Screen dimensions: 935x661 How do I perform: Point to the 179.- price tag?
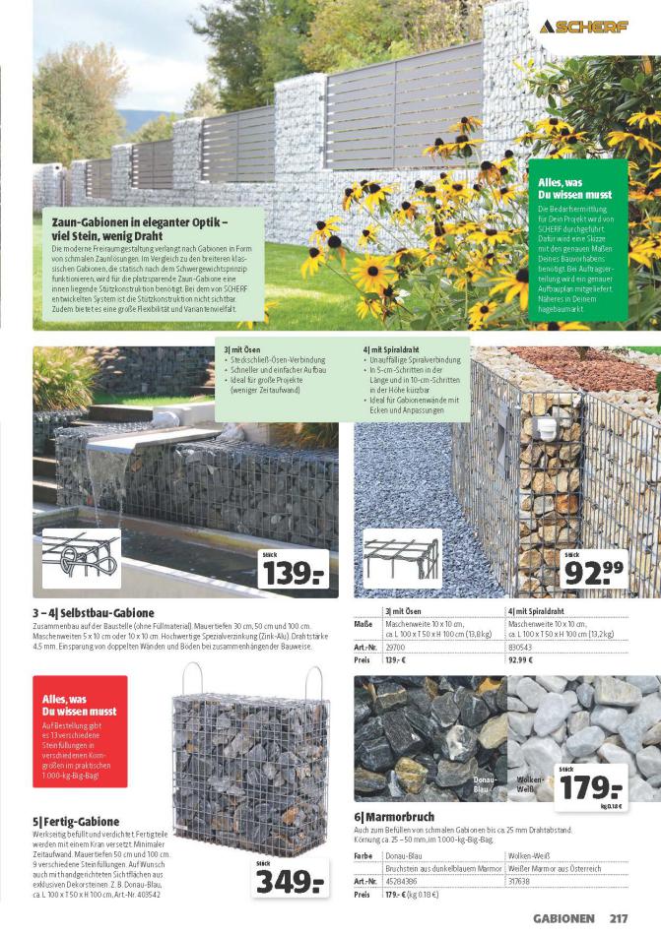click(592, 784)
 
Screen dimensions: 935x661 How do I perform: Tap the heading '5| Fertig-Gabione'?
click(76, 821)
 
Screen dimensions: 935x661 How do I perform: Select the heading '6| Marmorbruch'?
click(394, 816)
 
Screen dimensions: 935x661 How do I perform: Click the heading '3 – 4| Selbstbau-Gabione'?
click(93, 613)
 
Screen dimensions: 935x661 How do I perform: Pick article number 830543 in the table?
click(522, 646)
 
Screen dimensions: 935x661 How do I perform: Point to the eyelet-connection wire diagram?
click(81, 560)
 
